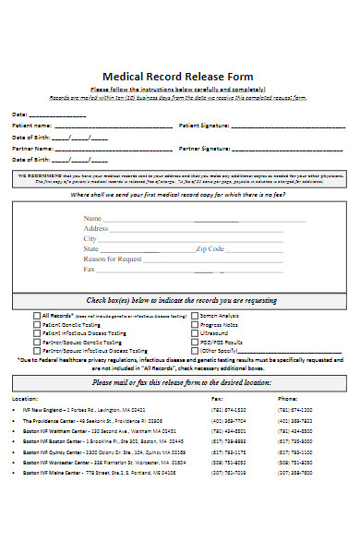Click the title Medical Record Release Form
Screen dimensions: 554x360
[179, 77]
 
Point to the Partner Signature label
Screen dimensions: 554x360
[204, 148]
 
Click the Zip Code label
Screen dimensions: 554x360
[210, 248]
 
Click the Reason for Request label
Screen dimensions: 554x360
[113, 259]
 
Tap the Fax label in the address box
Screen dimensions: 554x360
[90, 270]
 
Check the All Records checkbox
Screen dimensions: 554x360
[38, 315]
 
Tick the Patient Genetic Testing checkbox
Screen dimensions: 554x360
[38, 324]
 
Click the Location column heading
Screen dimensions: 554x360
[25, 399]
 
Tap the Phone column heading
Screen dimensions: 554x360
[287, 399]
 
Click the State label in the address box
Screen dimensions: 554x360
[91, 248]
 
